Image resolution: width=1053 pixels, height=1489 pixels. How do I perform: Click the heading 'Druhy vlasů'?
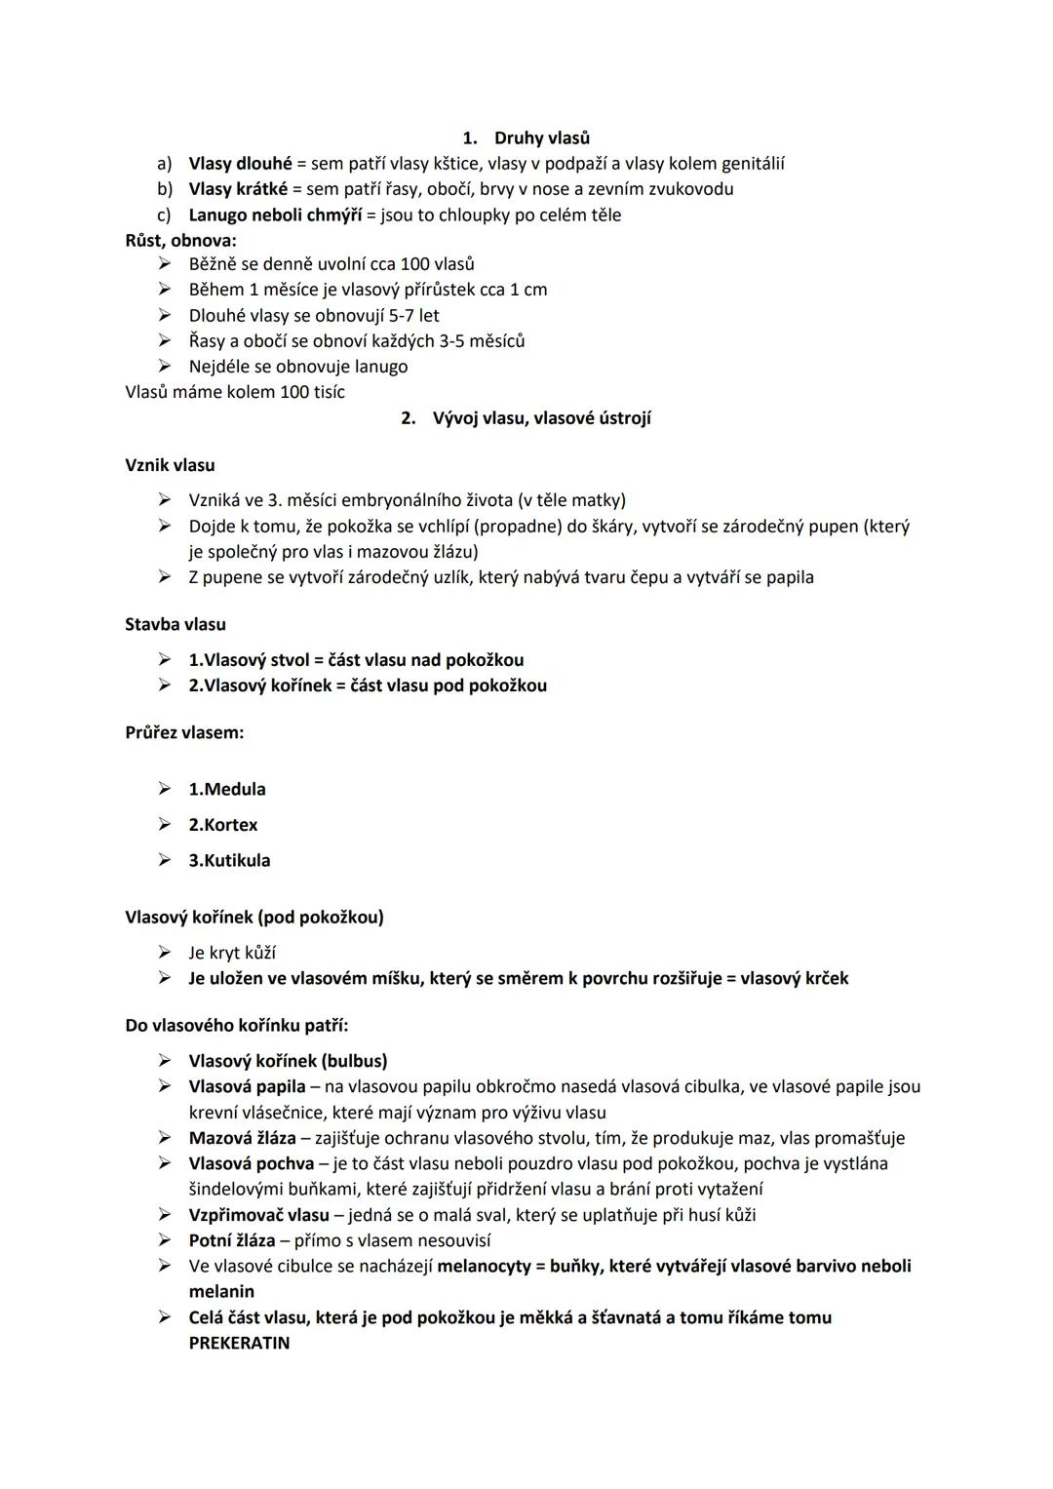click(x=541, y=138)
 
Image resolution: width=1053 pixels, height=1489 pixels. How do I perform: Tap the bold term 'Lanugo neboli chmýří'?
click(x=274, y=215)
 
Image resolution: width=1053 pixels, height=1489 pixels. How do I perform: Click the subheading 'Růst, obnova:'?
click(x=180, y=240)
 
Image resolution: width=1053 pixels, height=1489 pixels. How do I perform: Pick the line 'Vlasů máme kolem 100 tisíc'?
click(x=235, y=392)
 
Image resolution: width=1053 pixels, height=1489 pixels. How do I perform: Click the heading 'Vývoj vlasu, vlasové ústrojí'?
click(x=541, y=418)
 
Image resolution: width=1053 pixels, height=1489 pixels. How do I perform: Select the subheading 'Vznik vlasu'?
click(x=170, y=465)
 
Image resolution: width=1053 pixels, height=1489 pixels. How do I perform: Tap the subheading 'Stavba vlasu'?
click(x=175, y=624)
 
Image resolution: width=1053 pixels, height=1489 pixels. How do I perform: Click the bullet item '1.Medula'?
click(x=226, y=789)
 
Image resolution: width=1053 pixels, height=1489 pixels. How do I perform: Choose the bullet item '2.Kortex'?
click(x=222, y=825)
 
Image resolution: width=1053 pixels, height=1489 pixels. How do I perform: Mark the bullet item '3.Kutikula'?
click(x=229, y=860)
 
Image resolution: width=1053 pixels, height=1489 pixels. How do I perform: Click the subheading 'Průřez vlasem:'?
click(x=184, y=732)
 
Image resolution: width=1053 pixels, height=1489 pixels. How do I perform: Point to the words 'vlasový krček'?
click(x=794, y=978)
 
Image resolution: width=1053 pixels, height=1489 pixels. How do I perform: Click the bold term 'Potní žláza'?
click(x=231, y=1240)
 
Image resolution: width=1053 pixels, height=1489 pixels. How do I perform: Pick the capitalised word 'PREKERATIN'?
click(x=239, y=1343)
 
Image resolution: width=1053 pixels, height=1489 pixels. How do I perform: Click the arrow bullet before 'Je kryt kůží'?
click(x=166, y=953)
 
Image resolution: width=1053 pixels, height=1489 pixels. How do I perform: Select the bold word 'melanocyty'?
click(x=484, y=1266)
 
